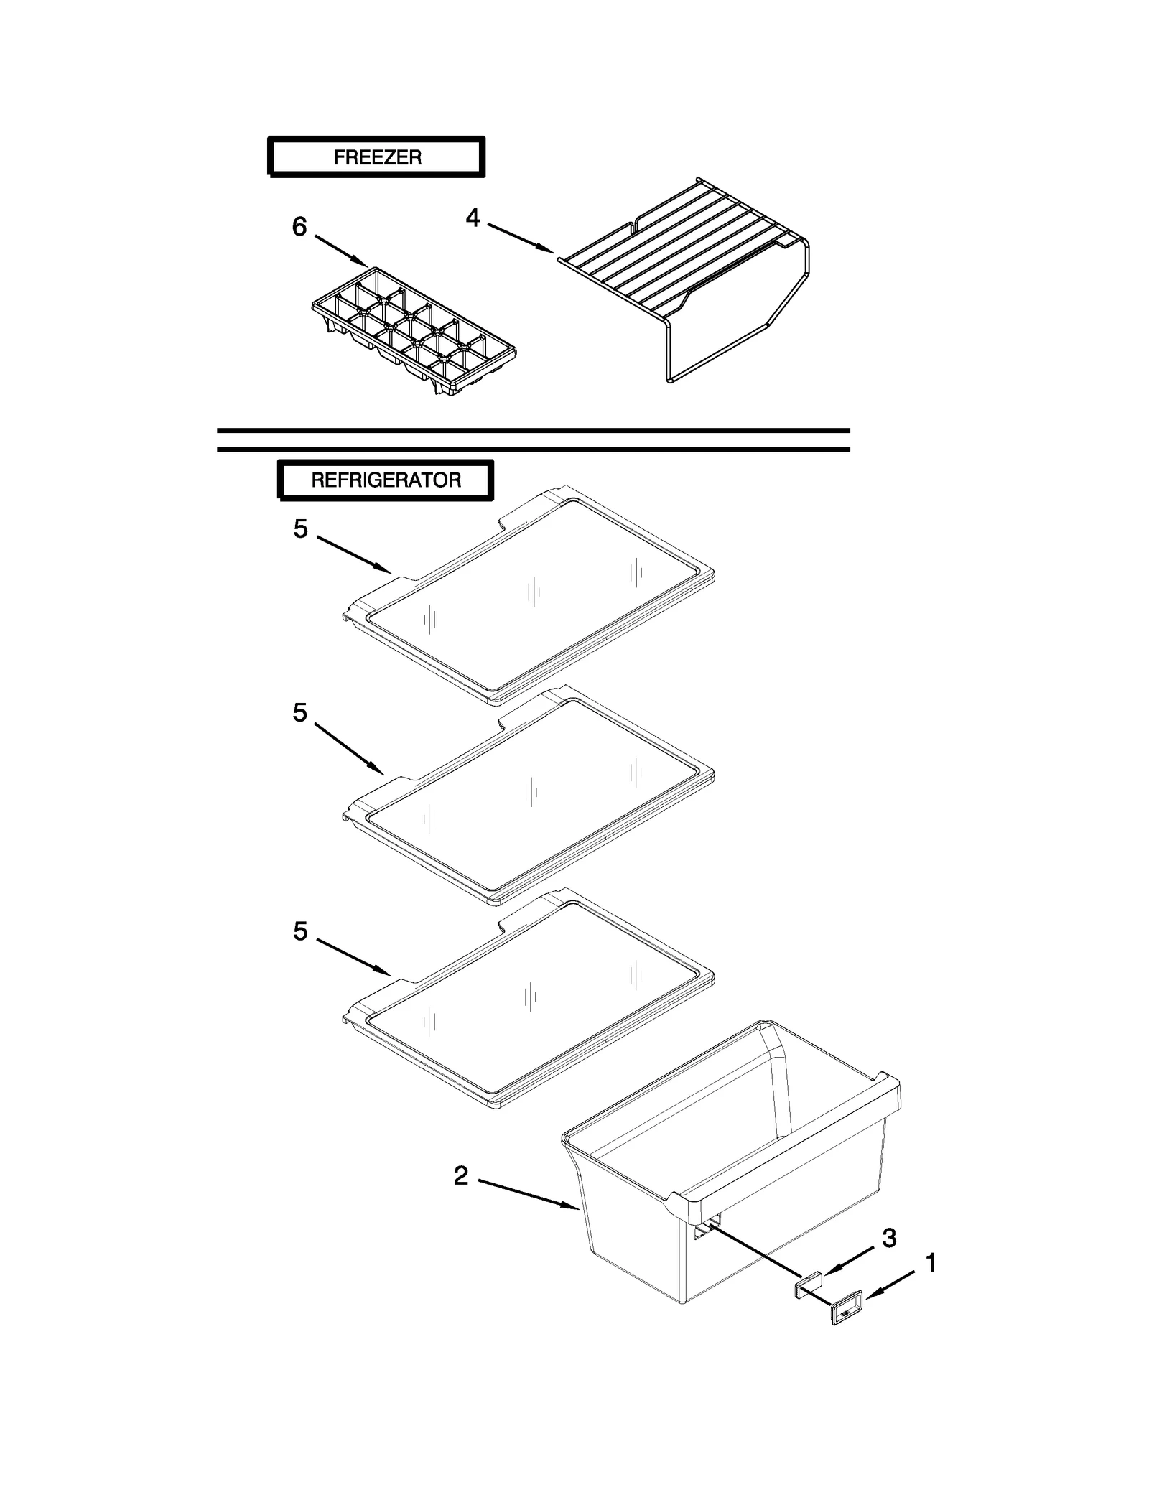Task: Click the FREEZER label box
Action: tap(376, 157)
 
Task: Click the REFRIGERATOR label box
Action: tap(386, 480)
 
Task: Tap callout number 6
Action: tap(299, 227)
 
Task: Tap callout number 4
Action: tap(472, 217)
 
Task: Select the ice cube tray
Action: tap(414, 331)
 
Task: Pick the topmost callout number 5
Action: tap(300, 529)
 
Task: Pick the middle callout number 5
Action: tap(300, 713)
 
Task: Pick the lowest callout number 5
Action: tap(300, 931)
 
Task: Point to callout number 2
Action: tap(460, 1175)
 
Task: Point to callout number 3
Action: tap(889, 1237)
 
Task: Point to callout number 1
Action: tap(931, 1263)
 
